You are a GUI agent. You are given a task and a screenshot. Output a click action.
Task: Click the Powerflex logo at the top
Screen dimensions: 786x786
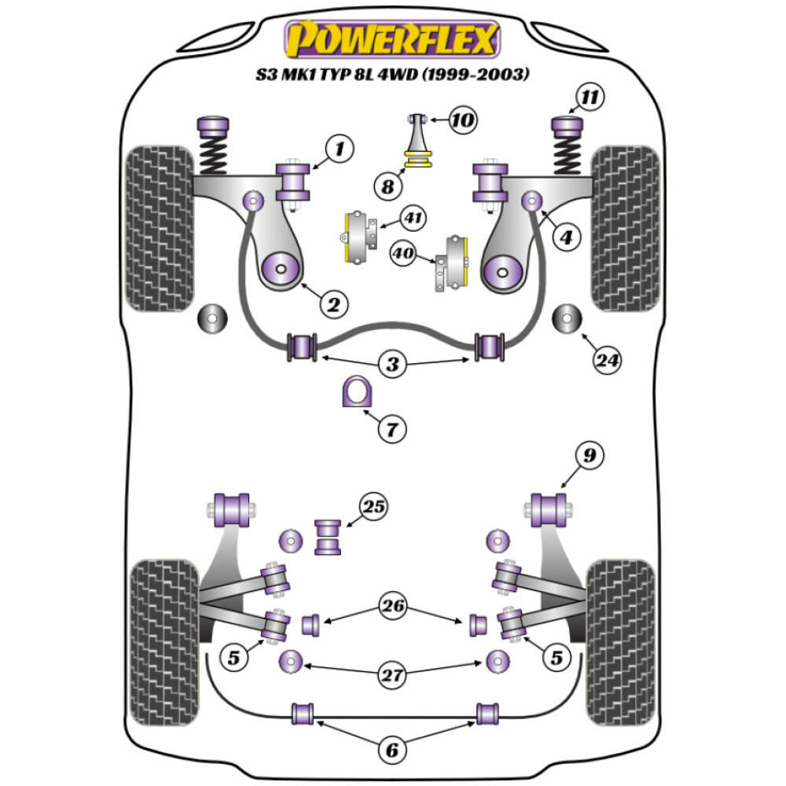pos(392,39)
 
